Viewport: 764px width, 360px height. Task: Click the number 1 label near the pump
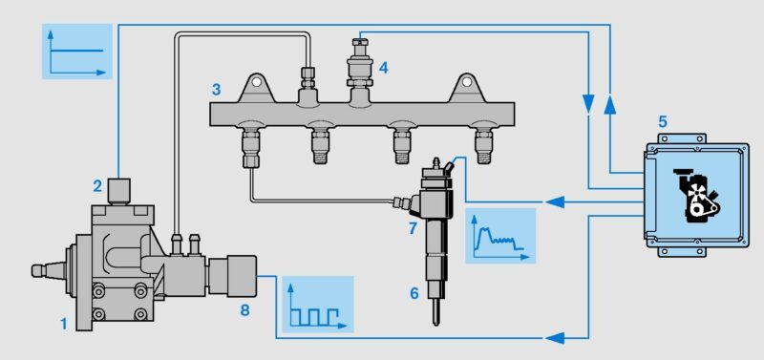[63, 324]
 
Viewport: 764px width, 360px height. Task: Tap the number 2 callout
[98, 185]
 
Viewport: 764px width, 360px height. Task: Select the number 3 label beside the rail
[216, 89]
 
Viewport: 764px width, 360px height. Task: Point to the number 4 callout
[384, 68]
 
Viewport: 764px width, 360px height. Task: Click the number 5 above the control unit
[662, 119]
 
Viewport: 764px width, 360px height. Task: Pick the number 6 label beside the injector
[414, 293]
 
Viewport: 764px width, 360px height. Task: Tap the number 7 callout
[413, 227]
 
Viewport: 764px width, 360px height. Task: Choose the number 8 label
[244, 310]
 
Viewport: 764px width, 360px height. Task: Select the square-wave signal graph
[318, 305]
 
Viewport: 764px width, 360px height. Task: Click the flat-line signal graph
[77, 52]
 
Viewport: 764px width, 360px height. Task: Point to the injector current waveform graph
[500, 236]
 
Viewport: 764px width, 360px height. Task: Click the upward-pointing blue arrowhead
[610, 105]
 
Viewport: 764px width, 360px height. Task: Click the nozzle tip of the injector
[436, 323]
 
